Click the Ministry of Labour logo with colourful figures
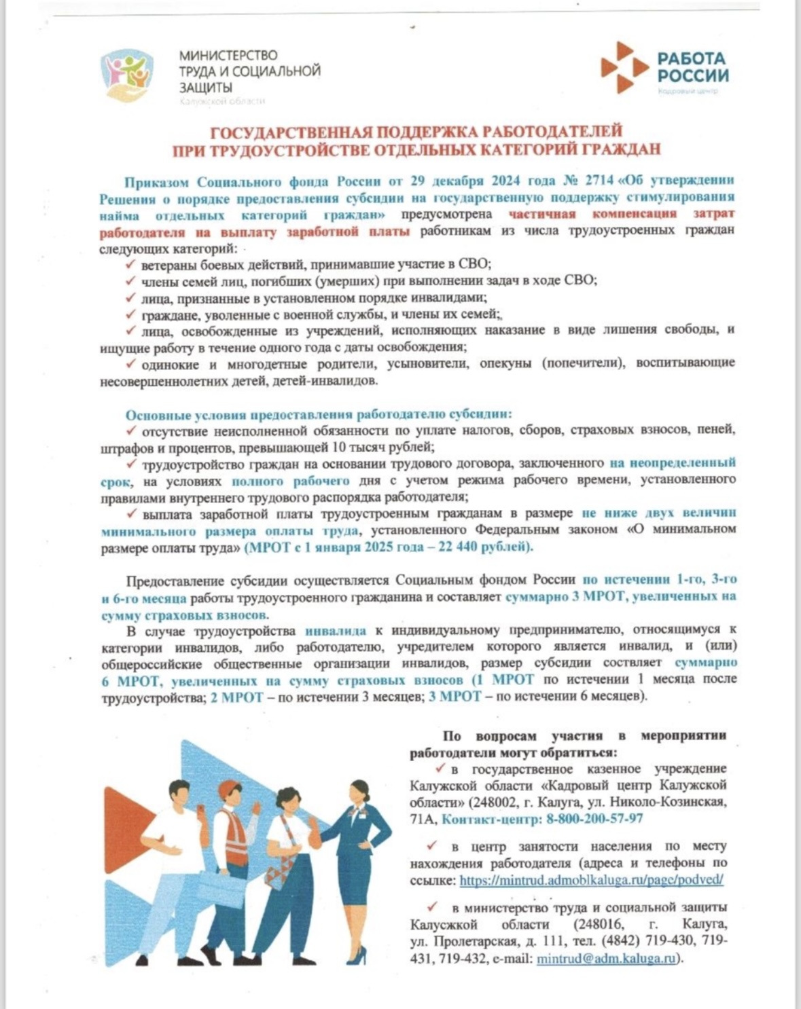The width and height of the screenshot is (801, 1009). click(x=127, y=73)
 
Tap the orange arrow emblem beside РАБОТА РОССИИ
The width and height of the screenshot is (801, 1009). click(x=624, y=67)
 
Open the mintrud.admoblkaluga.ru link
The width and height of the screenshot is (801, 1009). click(x=591, y=880)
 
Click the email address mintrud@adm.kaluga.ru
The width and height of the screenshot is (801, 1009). click(x=607, y=959)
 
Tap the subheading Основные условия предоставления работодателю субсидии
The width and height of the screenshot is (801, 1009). click(x=318, y=414)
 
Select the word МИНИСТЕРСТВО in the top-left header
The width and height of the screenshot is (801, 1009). click(x=228, y=55)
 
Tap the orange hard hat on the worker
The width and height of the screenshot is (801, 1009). click(x=230, y=791)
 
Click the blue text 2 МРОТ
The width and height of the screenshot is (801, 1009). click(x=236, y=697)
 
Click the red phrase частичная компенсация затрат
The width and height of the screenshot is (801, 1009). click(x=622, y=214)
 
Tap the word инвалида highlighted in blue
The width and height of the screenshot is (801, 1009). click(x=336, y=630)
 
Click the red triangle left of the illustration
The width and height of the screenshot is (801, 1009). click(x=122, y=815)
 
